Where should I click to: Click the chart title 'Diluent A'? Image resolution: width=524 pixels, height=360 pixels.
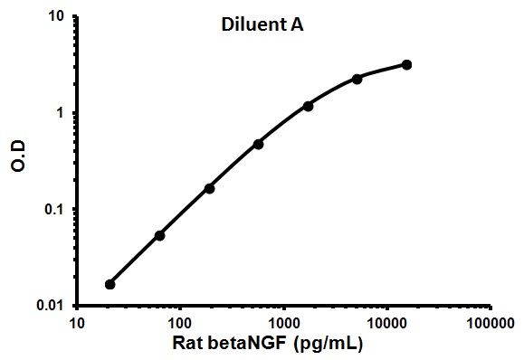tap(262, 26)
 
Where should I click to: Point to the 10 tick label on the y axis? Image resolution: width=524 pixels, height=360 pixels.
tap(57, 17)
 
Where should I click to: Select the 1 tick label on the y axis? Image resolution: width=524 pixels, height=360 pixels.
tap(62, 114)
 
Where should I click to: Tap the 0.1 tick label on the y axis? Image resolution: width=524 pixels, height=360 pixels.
tap(53, 210)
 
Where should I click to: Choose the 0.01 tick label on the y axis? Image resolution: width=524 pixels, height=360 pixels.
tap(50, 307)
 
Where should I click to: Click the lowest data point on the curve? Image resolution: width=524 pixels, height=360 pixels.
tap(110, 284)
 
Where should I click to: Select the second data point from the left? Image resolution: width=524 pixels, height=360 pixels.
tap(159, 235)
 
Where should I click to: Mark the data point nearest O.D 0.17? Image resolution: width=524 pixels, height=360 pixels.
tap(209, 188)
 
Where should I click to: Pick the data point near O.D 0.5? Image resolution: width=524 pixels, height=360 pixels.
tap(259, 144)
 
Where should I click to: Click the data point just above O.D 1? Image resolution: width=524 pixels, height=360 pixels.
tap(308, 106)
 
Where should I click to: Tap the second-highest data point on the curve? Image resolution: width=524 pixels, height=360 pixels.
tap(357, 79)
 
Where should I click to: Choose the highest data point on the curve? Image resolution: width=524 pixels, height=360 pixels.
tap(406, 64)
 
